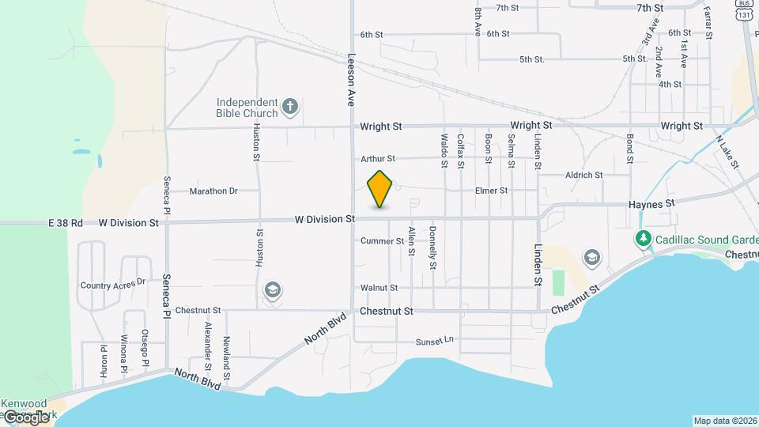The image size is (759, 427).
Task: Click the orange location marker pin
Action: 380,188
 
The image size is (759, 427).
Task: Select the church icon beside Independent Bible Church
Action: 290,107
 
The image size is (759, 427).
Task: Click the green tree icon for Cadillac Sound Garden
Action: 644,238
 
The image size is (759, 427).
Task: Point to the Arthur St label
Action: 377,159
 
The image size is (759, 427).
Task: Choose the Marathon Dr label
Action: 213,191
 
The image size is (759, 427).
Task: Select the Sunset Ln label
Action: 435,341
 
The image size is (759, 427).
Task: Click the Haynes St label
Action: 651,203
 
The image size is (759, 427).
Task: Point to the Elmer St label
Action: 491,191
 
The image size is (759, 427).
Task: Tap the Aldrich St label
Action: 583,175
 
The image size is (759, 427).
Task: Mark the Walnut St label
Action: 379,288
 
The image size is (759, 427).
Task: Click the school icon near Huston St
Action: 273,291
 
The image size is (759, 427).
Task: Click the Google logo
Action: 26,417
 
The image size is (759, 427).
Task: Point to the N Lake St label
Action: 727,153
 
